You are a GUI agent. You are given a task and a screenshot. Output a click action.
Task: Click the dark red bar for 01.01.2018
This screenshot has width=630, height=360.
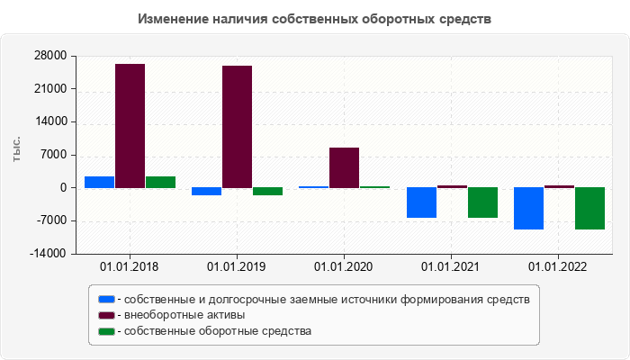pyautogui.click(x=130, y=126)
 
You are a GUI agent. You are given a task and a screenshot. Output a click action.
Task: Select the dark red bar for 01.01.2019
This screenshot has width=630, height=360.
pyautogui.click(x=237, y=127)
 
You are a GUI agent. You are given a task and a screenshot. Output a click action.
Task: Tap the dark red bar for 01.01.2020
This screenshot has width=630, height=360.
pyautogui.click(x=344, y=167)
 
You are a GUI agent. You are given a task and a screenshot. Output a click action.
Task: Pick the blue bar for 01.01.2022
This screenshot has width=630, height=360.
pyautogui.click(x=528, y=208)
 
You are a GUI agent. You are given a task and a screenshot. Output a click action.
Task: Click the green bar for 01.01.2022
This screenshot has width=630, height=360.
pyautogui.click(x=589, y=208)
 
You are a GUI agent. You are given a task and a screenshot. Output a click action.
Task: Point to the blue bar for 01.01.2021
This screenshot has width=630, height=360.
pyautogui.click(x=421, y=202)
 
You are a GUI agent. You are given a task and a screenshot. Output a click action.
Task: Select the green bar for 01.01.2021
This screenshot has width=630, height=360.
pyautogui.click(x=482, y=202)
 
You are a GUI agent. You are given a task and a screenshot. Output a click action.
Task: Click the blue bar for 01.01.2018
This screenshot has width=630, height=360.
pyautogui.click(x=99, y=182)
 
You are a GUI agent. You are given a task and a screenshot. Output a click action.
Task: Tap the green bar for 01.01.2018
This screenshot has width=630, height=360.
pyautogui.click(x=160, y=182)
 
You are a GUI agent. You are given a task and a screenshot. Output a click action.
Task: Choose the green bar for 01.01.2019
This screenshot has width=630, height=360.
pyautogui.click(x=267, y=191)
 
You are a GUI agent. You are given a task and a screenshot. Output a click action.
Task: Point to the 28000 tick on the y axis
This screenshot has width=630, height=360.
pyautogui.click(x=49, y=56)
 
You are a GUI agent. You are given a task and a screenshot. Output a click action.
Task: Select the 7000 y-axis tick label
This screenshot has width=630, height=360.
pyautogui.click(x=53, y=155)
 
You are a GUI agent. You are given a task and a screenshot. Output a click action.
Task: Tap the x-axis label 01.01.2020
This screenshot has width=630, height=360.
pyautogui.click(x=344, y=266)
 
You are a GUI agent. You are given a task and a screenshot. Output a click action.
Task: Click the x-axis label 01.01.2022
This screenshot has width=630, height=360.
pyautogui.click(x=558, y=266)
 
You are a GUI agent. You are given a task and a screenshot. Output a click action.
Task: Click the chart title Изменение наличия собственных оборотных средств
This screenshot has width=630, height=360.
pyautogui.click(x=315, y=19)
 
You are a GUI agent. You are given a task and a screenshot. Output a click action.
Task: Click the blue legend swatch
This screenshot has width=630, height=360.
pyautogui.click(x=107, y=299)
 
